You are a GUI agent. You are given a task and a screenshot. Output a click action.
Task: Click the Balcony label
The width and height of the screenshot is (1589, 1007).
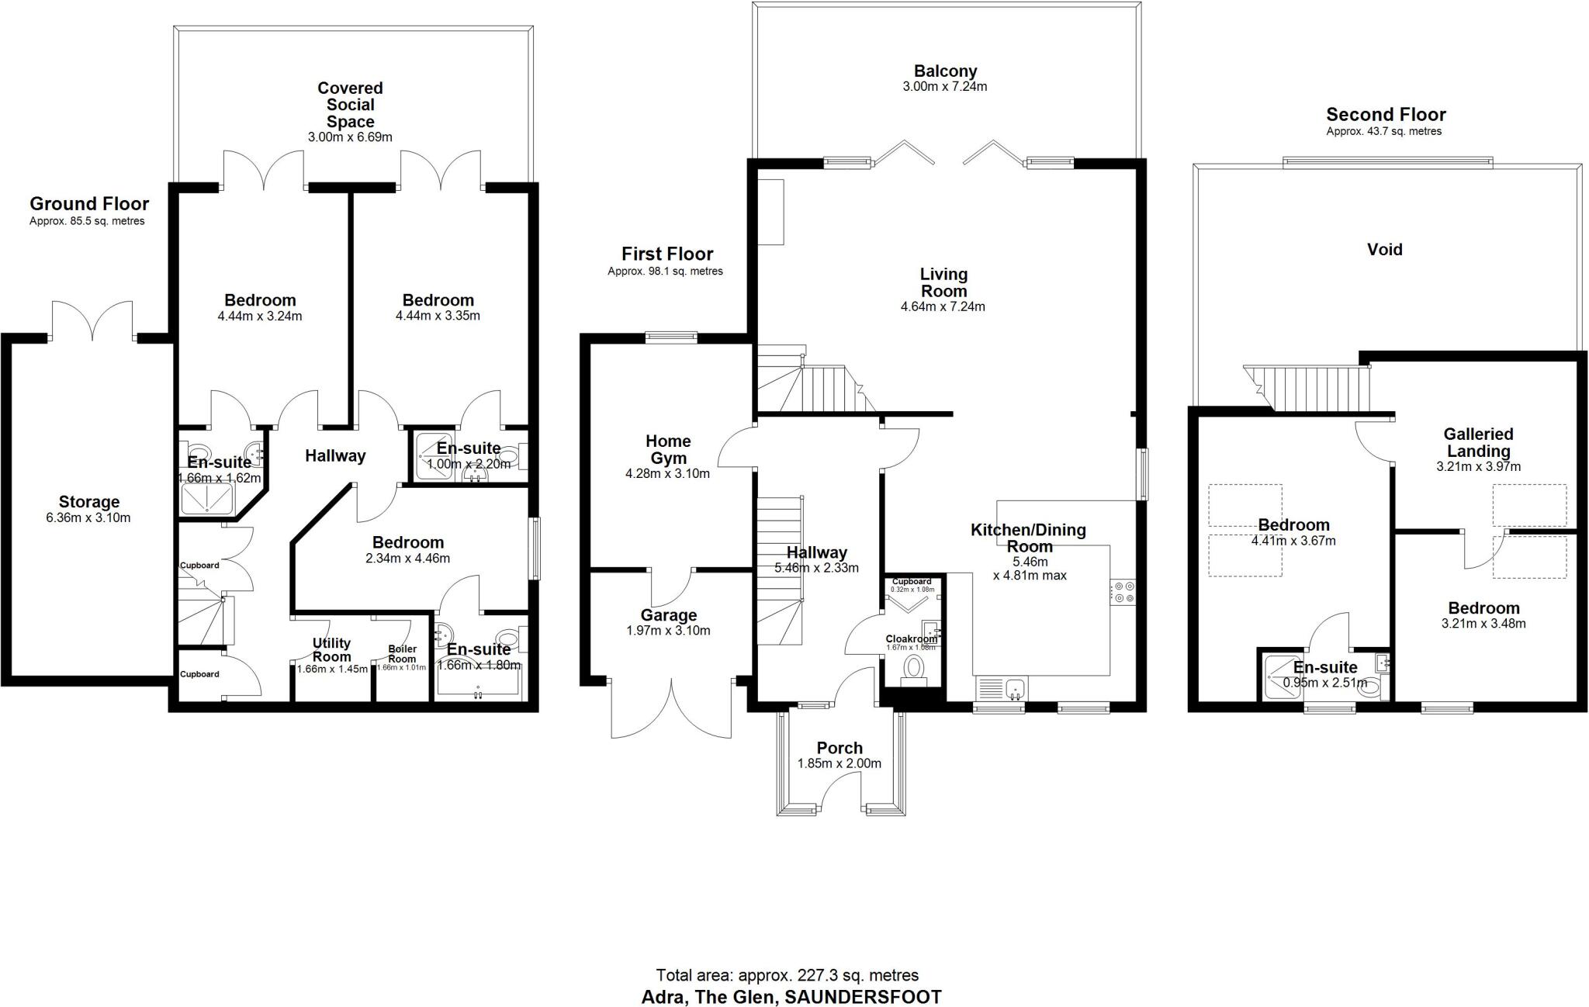[x=944, y=71]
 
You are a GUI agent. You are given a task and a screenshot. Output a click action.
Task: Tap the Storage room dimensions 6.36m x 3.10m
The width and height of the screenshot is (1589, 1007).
[x=88, y=517]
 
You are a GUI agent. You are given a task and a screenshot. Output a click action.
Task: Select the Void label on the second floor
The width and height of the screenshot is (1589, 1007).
[x=1384, y=250]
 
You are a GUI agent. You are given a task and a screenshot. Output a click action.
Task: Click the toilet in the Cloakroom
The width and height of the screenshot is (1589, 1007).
[x=914, y=668]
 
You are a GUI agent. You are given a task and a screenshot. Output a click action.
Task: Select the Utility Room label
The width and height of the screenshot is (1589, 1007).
[x=331, y=650]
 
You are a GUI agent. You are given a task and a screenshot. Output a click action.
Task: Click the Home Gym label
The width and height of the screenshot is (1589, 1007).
[x=668, y=449]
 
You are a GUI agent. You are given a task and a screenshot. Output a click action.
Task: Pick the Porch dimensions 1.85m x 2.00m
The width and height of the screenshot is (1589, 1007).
[x=839, y=763]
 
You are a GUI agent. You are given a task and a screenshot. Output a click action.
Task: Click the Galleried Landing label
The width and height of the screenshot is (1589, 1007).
[x=1478, y=442]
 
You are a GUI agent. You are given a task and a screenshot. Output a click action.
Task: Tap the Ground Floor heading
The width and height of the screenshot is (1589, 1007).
[x=89, y=204]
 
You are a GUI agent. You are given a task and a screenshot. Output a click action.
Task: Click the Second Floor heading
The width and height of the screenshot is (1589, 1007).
[x=1386, y=115]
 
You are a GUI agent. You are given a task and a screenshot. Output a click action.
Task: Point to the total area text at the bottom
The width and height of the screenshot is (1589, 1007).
[x=788, y=975]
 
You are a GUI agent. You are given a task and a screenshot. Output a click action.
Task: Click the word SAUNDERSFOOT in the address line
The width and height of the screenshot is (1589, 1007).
[x=863, y=997]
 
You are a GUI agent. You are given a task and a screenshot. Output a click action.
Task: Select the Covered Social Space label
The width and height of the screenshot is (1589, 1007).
[x=350, y=105]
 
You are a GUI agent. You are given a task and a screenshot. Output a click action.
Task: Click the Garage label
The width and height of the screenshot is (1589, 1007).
[x=668, y=615]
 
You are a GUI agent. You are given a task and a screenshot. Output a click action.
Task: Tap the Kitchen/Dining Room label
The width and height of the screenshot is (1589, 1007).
[x=1029, y=538]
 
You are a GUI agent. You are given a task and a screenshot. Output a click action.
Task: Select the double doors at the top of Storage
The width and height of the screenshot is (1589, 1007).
[x=93, y=322]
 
